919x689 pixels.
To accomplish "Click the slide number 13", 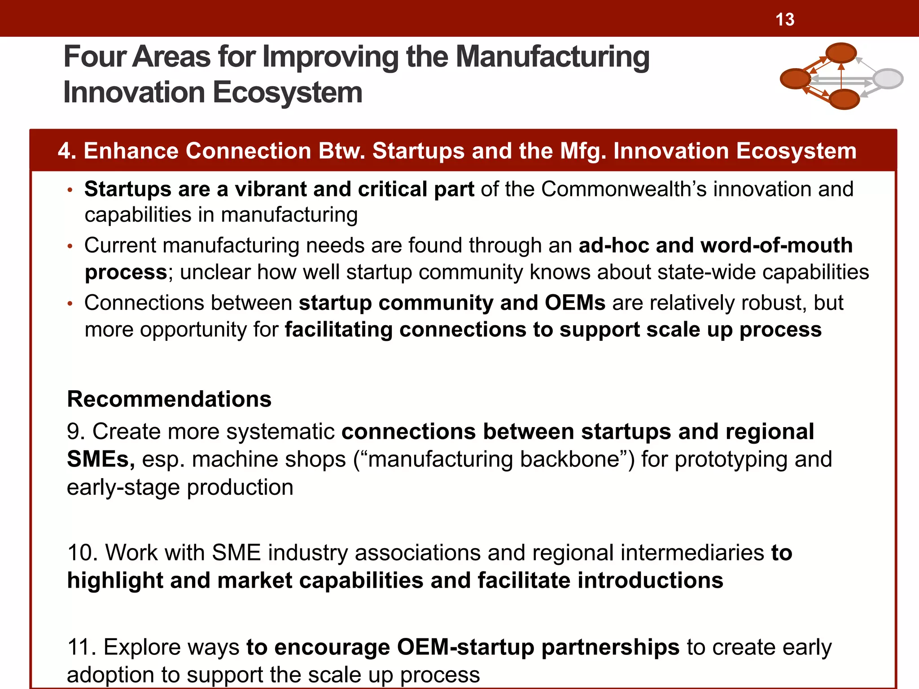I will coord(785,20).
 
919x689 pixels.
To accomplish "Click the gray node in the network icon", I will coord(888,79).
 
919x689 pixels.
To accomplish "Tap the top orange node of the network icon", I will coord(841,52).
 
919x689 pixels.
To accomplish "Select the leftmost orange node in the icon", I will coord(795,79).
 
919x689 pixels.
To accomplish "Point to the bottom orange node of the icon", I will coord(844,99).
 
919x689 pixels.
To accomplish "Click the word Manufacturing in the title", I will coord(552,57).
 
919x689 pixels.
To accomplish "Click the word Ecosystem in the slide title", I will coord(287,93).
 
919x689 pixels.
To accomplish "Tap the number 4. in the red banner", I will coord(67,151).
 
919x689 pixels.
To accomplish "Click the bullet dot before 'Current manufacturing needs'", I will coord(70,246).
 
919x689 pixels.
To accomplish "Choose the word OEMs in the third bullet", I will coord(575,303).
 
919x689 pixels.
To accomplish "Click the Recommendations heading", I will coord(169,399).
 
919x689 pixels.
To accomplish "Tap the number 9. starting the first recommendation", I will coord(76,432).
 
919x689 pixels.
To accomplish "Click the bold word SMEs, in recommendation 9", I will coord(101,459).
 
